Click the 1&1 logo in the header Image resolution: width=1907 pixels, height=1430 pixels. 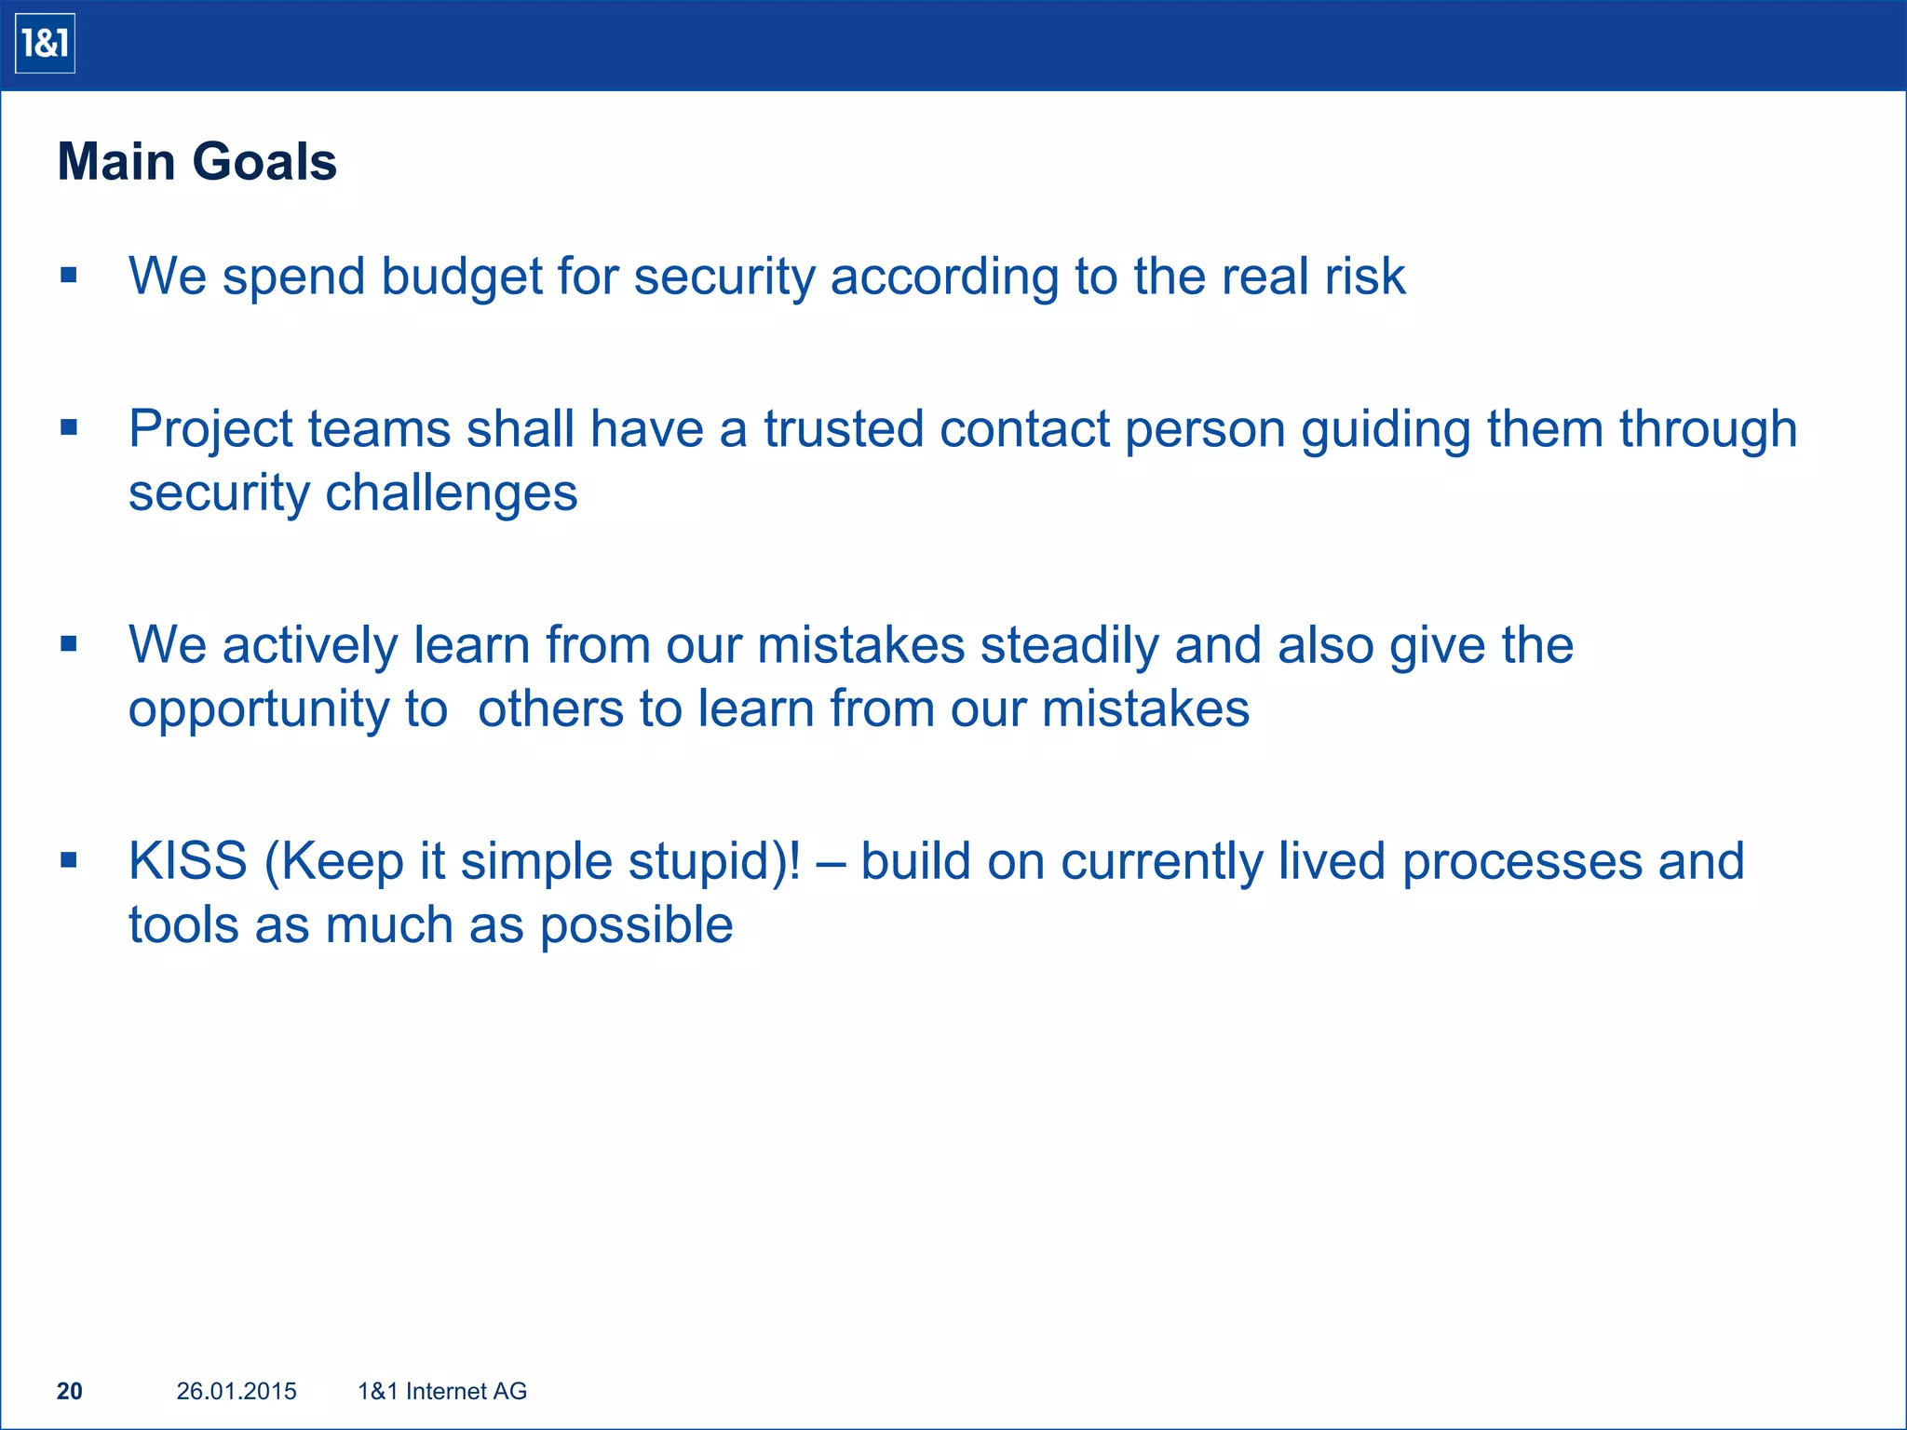45,44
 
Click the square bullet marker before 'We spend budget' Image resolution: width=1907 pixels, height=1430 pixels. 68,276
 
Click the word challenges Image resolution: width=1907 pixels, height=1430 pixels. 451,493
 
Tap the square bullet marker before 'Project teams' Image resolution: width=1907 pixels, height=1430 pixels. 68,428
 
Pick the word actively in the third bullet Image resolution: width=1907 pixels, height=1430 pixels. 310,645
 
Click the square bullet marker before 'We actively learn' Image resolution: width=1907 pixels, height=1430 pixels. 68,644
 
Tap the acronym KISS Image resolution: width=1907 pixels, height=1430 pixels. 188,861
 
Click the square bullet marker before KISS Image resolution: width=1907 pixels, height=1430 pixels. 68,860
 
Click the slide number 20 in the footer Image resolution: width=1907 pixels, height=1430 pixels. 70,1391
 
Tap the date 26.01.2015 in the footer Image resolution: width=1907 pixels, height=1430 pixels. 237,1391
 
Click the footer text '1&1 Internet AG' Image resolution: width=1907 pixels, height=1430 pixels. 442,1391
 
